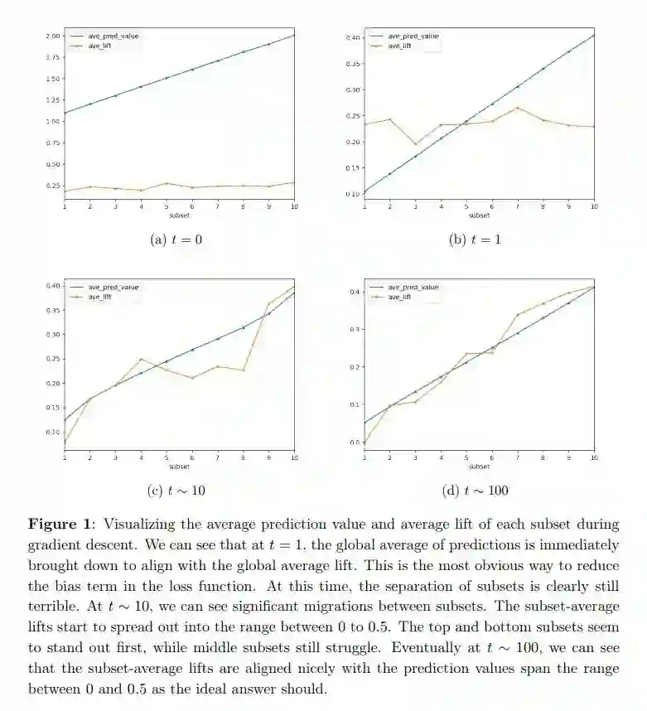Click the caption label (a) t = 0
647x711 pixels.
(x=179, y=239)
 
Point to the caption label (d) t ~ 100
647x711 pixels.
(x=476, y=491)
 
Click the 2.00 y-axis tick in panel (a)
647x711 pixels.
(x=54, y=36)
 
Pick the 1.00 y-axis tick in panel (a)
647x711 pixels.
(x=54, y=121)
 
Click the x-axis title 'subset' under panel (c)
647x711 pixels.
(x=179, y=467)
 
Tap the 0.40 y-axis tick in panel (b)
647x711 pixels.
(x=354, y=38)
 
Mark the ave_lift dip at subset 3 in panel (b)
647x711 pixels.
(x=416, y=144)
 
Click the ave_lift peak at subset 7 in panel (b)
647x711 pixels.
(x=518, y=108)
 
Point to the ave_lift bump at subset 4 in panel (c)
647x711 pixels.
(x=141, y=359)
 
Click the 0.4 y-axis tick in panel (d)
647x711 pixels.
(x=355, y=292)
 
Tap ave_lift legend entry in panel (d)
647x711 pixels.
(x=398, y=296)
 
